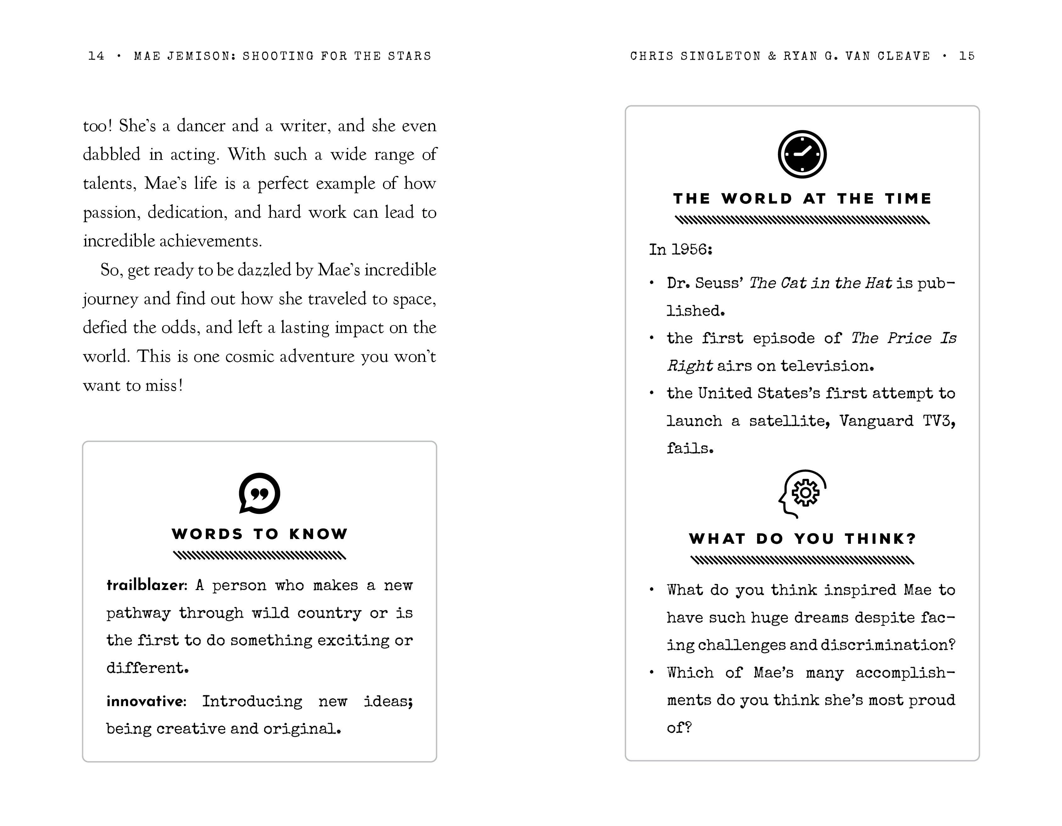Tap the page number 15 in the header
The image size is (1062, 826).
(x=967, y=56)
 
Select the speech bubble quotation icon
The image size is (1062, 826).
(x=259, y=493)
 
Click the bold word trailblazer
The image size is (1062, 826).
(x=146, y=585)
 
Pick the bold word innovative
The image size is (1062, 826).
(x=146, y=701)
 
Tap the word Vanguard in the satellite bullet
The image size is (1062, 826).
(x=876, y=420)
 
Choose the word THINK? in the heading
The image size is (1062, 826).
(x=880, y=539)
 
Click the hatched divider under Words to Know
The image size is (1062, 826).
(x=259, y=555)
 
